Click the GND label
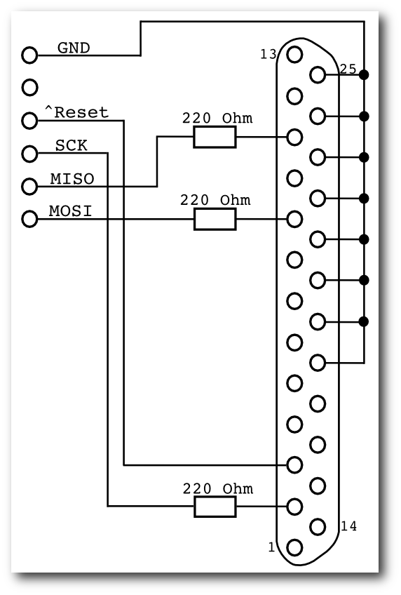(74, 48)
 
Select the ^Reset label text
(76, 112)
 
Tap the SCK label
(72, 145)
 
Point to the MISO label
(72, 179)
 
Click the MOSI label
(71, 211)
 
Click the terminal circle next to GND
(29, 55)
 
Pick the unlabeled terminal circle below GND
(29, 88)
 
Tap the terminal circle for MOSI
(29, 220)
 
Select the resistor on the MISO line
(215, 137)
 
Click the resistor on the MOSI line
(215, 220)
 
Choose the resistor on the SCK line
(215, 507)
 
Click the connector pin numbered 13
(294, 55)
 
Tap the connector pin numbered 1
(294, 547)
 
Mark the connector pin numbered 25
(318, 75)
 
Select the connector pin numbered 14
(318, 527)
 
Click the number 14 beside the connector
(348, 526)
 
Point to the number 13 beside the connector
(269, 54)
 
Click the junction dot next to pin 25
(364, 75)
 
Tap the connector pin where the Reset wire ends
(294, 464)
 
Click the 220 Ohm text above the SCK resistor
(218, 489)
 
